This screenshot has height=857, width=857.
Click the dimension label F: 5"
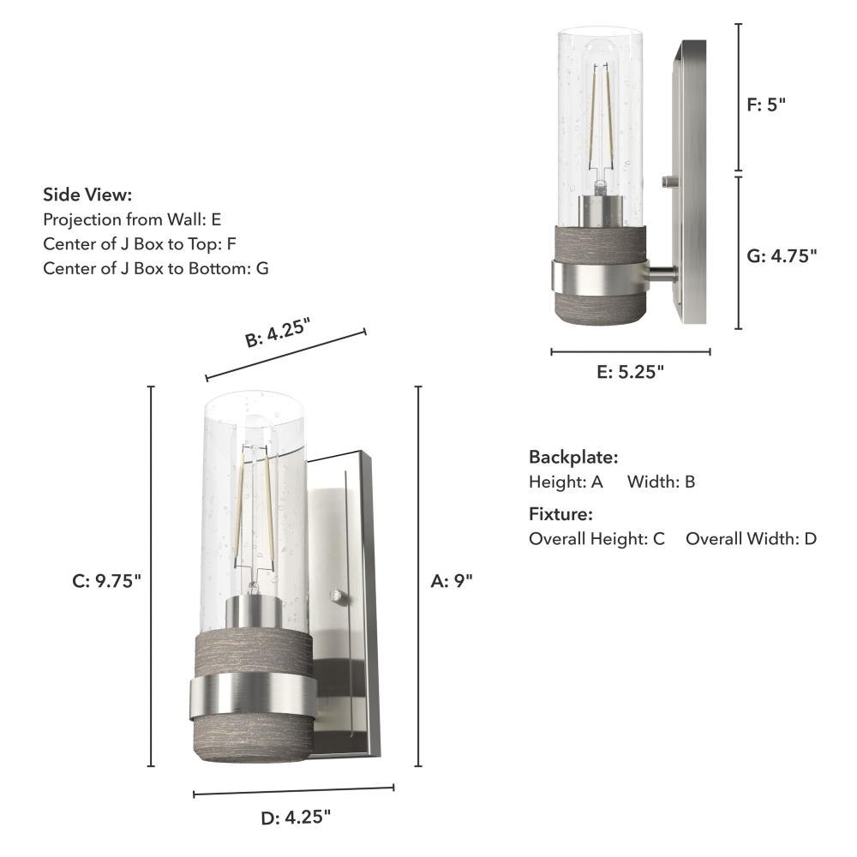tap(765, 105)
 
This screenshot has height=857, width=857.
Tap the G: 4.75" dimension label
tap(782, 255)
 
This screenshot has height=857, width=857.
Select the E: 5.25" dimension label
tap(630, 372)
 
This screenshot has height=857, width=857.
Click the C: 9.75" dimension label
tap(106, 581)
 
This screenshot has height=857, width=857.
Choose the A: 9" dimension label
tap(452, 581)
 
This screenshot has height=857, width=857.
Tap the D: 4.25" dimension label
tap(296, 818)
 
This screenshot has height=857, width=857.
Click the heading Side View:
tap(87, 195)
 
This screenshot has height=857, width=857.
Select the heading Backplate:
tap(573, 457)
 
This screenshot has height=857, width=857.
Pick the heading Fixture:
tap(560, 514)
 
